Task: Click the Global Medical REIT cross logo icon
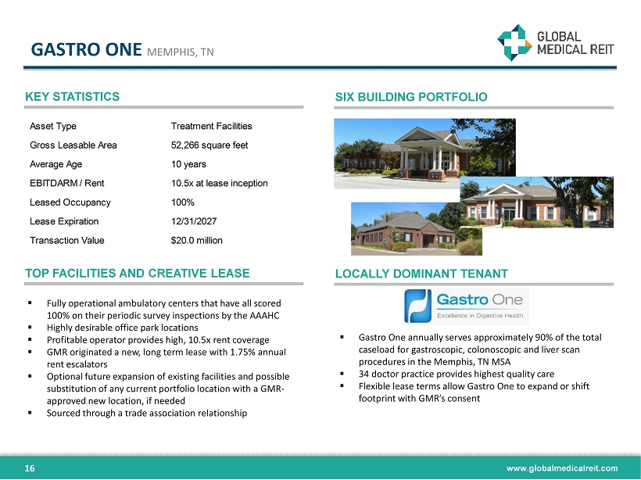[x=514, y=42]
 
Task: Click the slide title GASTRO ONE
[x=86, y=49]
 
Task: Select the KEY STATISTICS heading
[x=73, y=96]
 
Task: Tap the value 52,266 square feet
[x=209, y=145]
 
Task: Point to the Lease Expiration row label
[x=64, y=221]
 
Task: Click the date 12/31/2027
[x=194, y=221]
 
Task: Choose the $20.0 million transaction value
[x=197, y=241]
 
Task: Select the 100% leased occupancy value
[x=183, y=202]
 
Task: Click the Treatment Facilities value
[x=211, y=126]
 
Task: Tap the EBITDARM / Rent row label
[x=67, y=183]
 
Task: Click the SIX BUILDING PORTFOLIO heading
[x=411, y=97]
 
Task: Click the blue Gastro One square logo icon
[x=417, y=306]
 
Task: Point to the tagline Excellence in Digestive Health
[x=480, y=315]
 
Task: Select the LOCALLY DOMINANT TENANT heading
[x=421, y=274]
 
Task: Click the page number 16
[x=30, y=468]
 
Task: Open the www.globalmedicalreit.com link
[x=562, y=468]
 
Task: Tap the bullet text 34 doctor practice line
[x=457, y=374]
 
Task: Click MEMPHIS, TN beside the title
[x=181, y=52]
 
